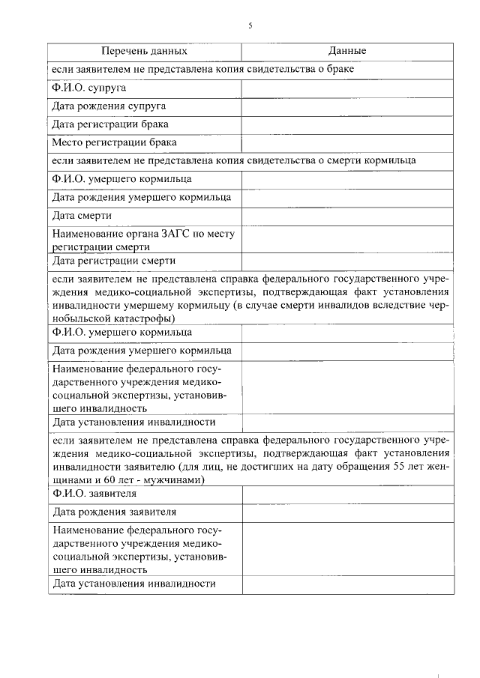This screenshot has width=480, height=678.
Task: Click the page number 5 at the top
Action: tap(250, 25)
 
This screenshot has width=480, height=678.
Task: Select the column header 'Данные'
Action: tap(347, 52)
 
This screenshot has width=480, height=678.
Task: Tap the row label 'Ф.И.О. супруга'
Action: tap(88, 88)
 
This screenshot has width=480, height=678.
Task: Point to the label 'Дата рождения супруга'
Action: tap(109, 106)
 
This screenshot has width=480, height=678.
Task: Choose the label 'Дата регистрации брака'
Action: tap(110, 124)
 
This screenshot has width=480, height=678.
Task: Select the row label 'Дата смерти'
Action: tap(82, 216)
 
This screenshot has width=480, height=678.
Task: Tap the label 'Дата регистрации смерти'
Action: tap(114, 261)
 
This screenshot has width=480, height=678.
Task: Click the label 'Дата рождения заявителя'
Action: tap(115, 512)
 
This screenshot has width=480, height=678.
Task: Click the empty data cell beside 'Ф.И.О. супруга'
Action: tap(347, 88)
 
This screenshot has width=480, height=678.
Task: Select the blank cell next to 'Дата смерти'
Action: tap(347, 216)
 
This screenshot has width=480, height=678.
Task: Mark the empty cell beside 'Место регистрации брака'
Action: tap(347, 142)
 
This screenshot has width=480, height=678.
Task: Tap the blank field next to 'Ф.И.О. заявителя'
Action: tap(347, 494)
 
